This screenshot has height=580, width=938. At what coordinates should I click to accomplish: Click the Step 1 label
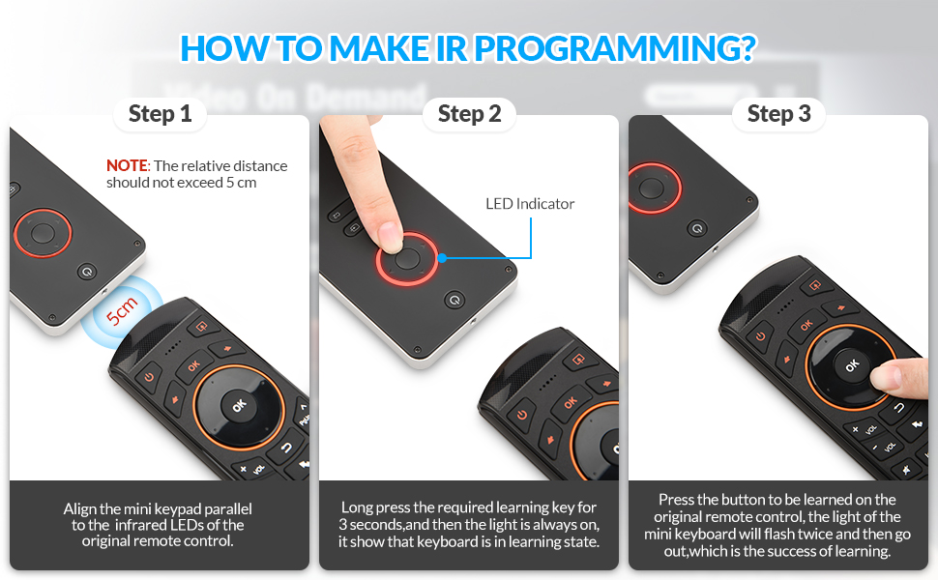pos(160,114)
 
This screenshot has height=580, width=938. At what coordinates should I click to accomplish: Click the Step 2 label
pos(469,114)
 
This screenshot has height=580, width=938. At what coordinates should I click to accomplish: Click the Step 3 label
pos(778,114)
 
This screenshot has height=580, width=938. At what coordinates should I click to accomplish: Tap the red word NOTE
pos(127,165)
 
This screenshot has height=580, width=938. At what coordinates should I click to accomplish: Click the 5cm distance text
pos(122,311)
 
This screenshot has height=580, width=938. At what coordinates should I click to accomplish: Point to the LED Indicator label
pos(529,204)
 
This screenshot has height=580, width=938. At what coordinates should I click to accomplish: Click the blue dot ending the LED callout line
pos(442,258)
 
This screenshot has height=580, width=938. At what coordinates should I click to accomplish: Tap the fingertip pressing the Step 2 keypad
pos(389,236)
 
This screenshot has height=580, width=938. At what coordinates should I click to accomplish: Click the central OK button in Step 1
pos(239,406)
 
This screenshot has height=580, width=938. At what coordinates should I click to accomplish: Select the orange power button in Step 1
pos(148,377)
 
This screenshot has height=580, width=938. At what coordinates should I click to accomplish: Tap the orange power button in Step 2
pos(521,415)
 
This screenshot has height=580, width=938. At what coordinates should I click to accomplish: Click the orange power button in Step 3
pos(760,336)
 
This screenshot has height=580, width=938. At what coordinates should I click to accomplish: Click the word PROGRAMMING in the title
pos(615,47)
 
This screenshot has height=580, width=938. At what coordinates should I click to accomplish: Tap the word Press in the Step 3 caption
pos(676,499)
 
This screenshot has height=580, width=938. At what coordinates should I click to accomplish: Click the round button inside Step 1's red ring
pos(43,233)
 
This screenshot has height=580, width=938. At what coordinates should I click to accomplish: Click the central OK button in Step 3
pos(852,365)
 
